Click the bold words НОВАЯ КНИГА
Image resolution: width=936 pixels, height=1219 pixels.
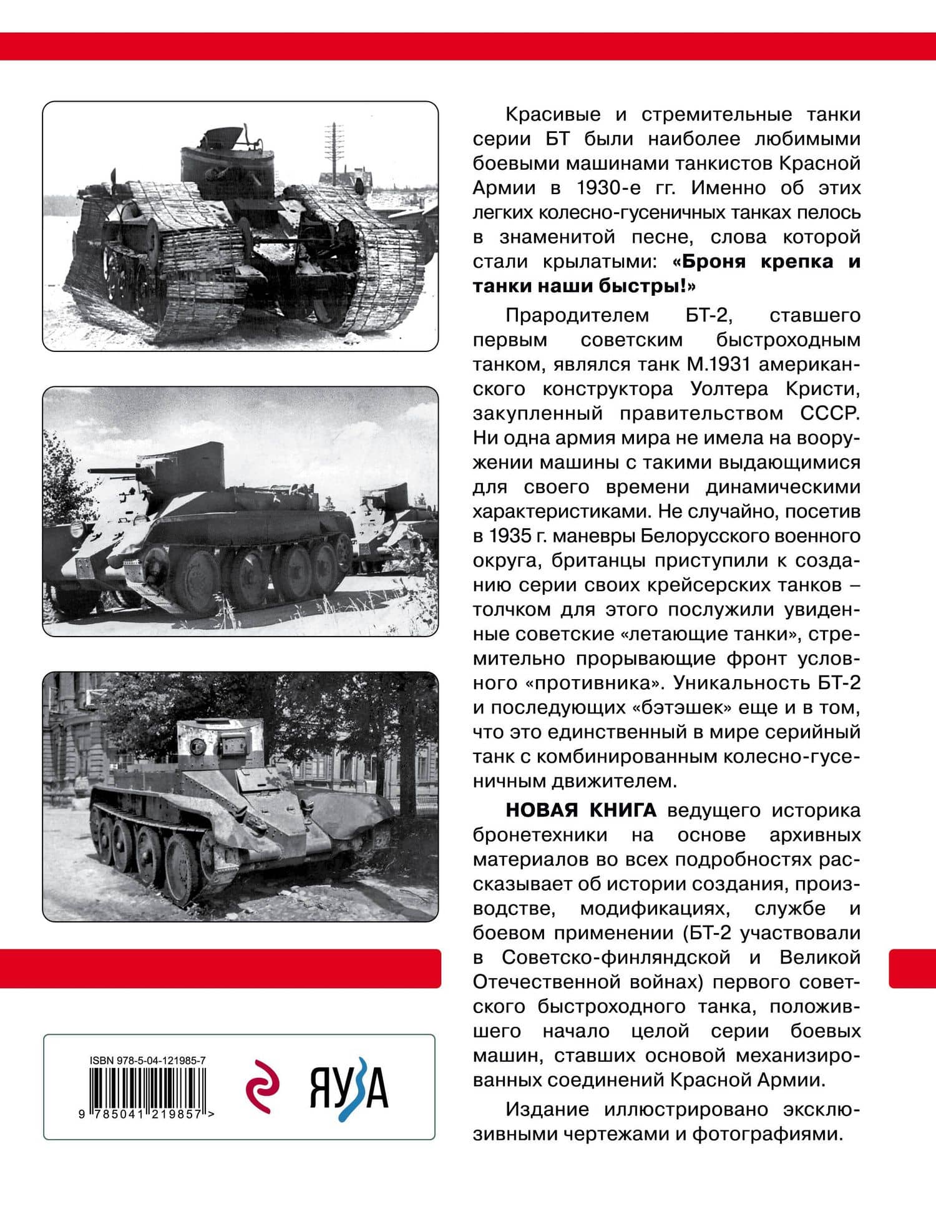point(580,810)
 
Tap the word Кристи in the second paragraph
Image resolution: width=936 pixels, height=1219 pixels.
point(827,389)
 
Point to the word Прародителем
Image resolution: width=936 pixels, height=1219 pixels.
point(577,315)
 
